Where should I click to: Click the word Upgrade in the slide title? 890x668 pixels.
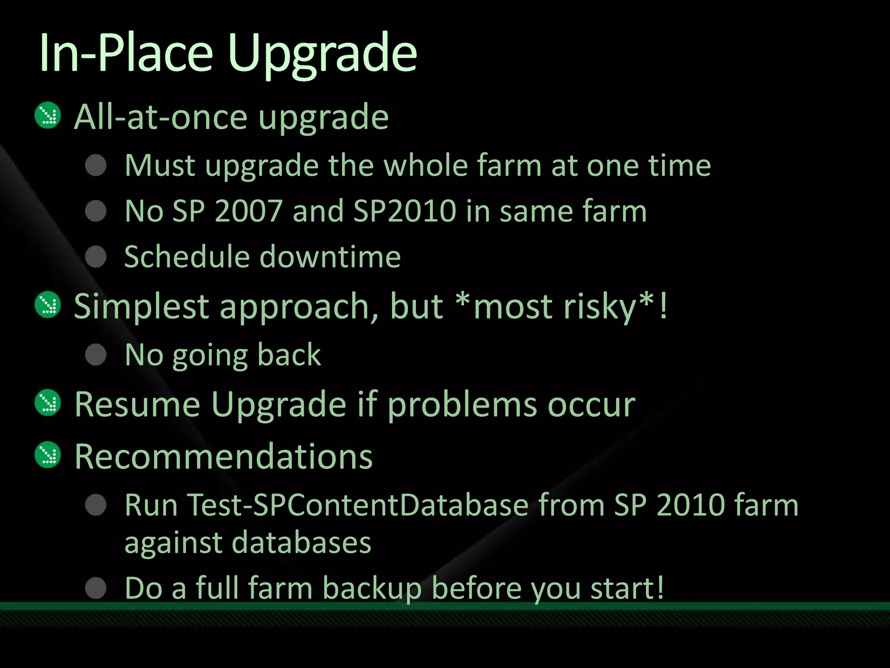[322, 54]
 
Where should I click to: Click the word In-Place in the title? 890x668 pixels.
[126, 54]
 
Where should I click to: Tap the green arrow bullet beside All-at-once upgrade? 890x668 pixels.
[48, 115]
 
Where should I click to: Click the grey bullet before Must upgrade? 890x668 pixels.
[96, 165]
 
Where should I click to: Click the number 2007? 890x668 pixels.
[249, 211]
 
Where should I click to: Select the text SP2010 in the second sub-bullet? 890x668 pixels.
[405, 211]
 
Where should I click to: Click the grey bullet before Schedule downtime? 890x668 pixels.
[96, 256]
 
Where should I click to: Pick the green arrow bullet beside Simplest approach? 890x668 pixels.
[48, 304]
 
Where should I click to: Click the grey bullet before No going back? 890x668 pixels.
[96, 354]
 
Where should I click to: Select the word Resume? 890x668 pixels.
[137, 404]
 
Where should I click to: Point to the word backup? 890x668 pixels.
[372, 588]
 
